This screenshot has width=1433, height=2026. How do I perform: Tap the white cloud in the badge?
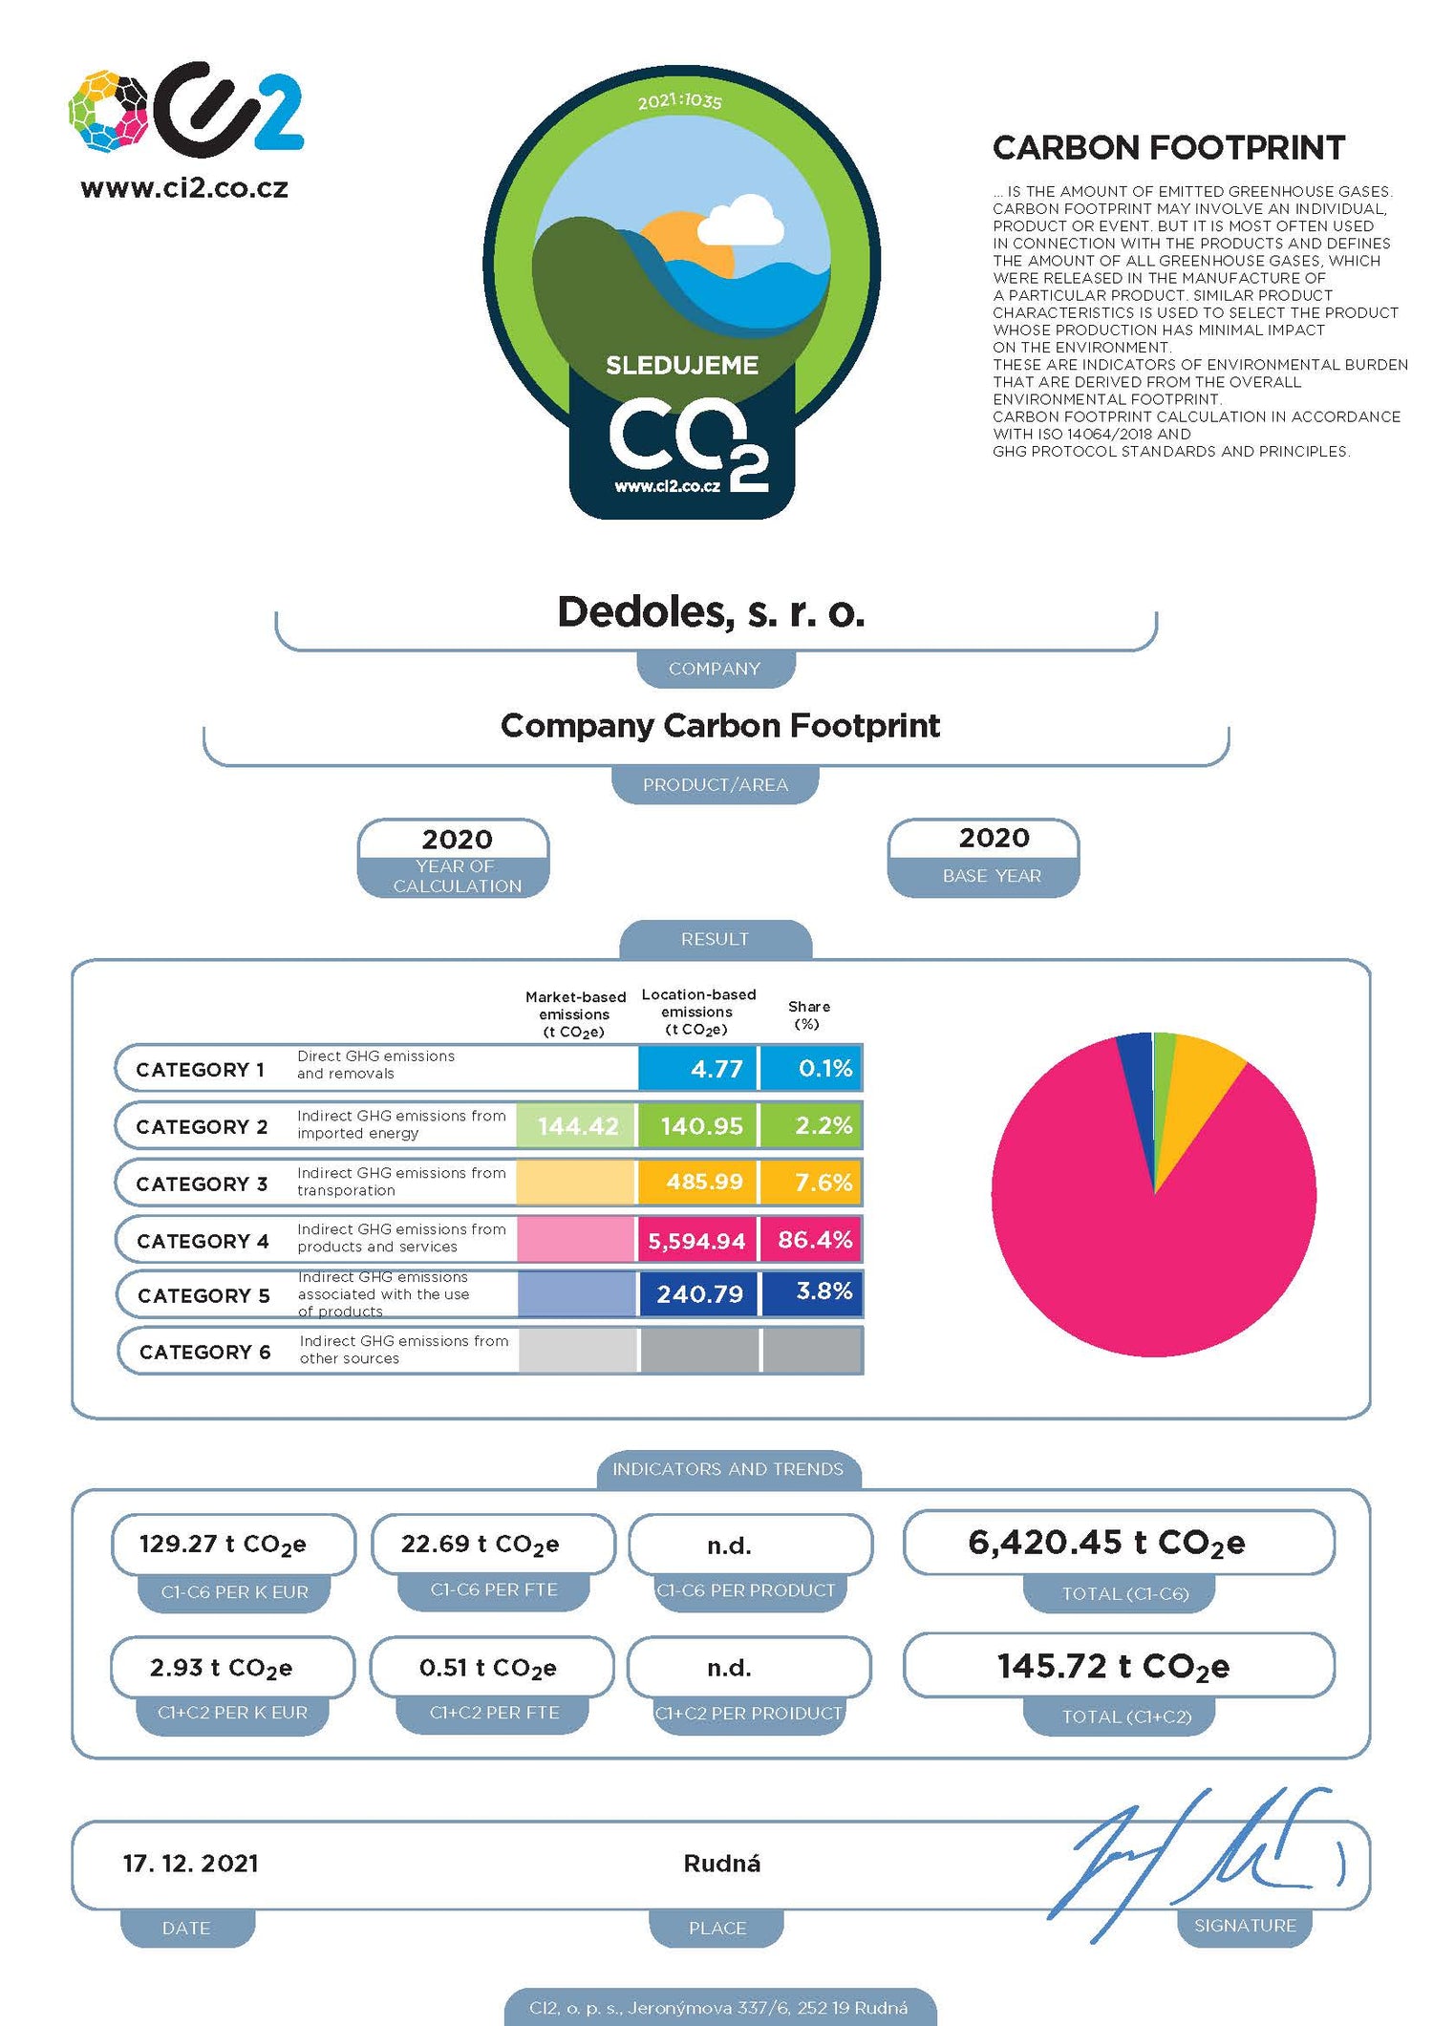742,222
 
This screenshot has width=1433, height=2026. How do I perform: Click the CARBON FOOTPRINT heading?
1168,148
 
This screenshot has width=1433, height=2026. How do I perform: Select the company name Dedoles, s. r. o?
711,612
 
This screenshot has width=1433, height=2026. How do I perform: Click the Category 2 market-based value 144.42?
577,1126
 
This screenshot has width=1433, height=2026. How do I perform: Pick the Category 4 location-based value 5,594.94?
696,1240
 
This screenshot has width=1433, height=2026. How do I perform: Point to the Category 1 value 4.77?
716,1069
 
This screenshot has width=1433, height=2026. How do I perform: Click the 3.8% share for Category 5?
823,1291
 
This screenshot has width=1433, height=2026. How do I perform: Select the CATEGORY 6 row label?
205,1352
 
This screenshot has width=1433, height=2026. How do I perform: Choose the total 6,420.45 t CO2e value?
1106,1543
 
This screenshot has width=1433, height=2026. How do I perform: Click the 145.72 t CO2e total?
1113,1667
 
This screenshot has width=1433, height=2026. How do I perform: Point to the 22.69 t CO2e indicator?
480,1545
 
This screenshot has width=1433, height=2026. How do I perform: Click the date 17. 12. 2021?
191,1864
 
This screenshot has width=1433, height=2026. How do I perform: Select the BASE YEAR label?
992,876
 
